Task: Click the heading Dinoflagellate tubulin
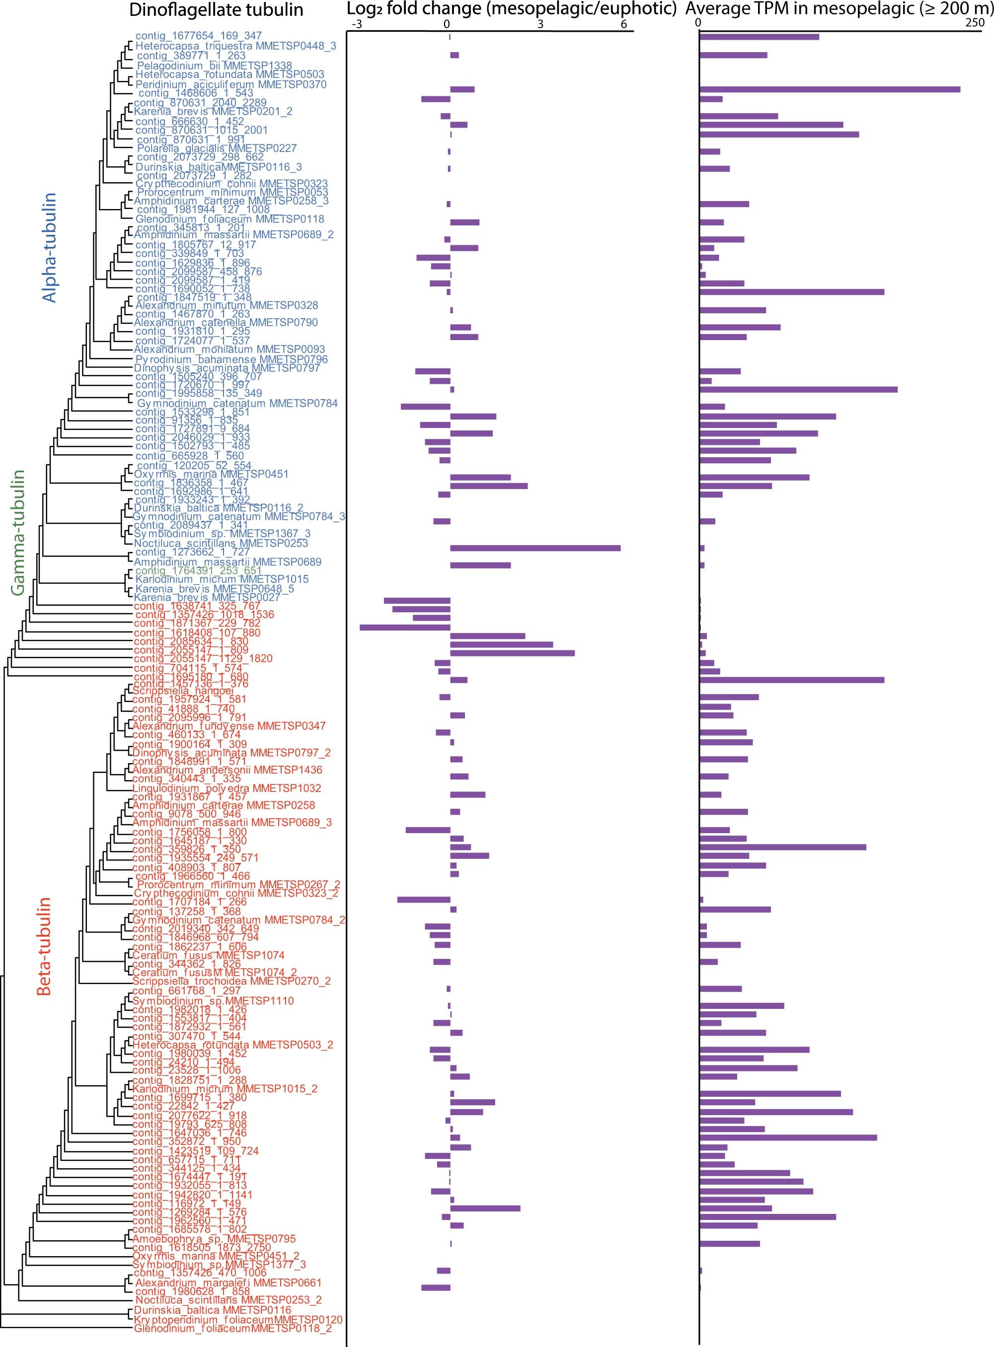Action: click(216, 9)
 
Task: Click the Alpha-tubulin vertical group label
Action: click(49, 247)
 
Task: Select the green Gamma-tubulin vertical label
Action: click(18, 532)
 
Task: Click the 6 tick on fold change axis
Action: click(623, 24)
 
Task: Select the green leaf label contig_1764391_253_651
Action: click(198, 570)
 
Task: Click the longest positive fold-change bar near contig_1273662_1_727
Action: click(535, 548)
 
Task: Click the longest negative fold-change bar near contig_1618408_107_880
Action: click(405, 627)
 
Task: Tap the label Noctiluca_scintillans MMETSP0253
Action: click(222, 543)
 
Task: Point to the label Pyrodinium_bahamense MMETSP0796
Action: click(231, 359)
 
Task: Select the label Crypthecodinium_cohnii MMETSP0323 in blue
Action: click(231, 183)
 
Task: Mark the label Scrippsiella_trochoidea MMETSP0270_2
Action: click(231, 981)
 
